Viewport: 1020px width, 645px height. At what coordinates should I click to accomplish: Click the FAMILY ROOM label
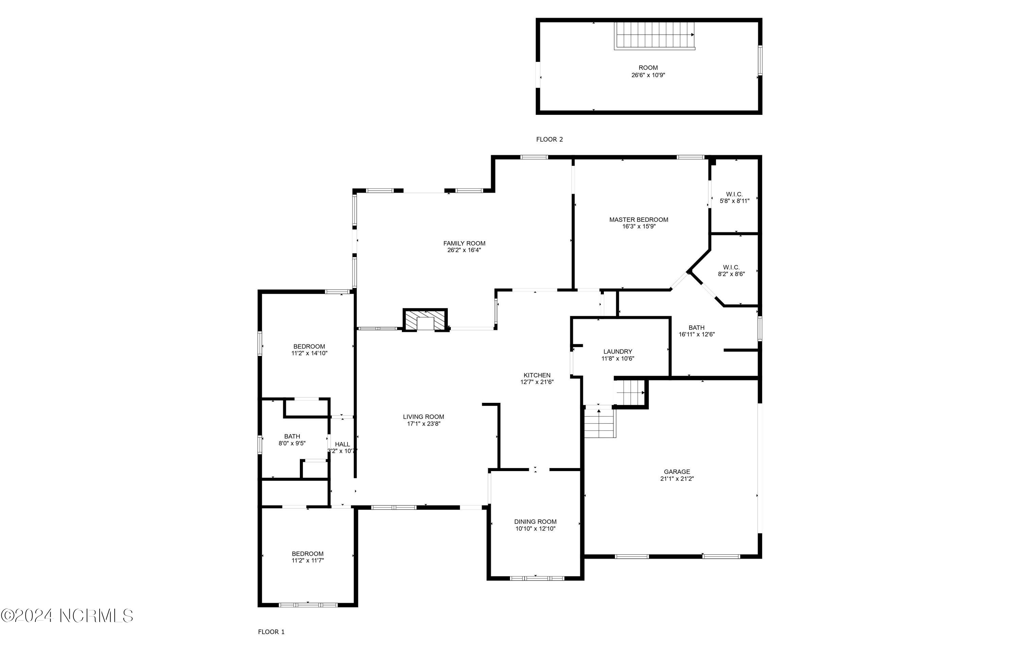[464, 243]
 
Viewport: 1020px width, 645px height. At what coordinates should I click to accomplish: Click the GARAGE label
[677, 471]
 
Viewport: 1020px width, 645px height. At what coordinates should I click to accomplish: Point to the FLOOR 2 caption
[549, 139]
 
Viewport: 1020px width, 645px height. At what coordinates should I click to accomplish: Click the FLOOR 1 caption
[271, 632]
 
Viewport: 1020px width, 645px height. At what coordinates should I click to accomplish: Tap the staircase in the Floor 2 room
[654, 36]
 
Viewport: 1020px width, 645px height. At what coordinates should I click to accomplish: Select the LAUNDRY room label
[617, 351]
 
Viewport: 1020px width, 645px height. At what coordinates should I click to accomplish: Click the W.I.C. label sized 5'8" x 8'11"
[734, 194]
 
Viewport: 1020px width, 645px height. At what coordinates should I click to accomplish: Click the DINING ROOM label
[535, 521]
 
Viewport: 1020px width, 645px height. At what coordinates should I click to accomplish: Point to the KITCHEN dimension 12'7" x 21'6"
[537, 382]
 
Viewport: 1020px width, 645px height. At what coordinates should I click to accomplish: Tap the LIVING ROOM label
[423, 416]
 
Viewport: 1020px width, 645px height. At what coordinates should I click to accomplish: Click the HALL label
[342, 444]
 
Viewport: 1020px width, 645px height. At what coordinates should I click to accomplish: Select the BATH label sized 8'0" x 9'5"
[292, 436]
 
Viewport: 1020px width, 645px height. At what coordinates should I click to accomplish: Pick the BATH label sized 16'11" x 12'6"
[696, 327]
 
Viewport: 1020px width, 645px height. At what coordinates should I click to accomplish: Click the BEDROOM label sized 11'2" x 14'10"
[309, 346]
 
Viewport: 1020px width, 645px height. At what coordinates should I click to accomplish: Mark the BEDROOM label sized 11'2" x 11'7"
[307, 554]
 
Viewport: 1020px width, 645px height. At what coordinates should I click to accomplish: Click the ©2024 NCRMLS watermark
[67, 615]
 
